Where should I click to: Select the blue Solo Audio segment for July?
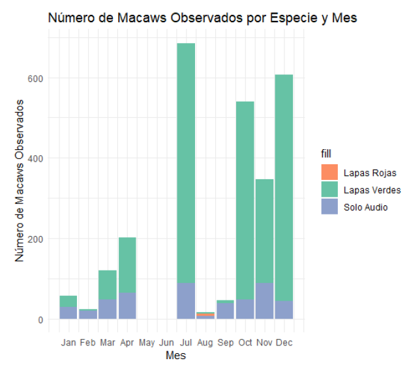coord(186,300)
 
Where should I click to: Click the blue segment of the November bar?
coord(264,300)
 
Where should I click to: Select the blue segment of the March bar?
coord(108,309)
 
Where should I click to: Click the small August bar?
coord(205,315)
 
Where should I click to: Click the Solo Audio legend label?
coord(365,207)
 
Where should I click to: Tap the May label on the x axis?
coord(147,342)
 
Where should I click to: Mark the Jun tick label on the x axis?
coord(166,342)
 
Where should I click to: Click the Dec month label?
coord(284,342)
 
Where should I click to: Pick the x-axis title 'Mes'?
coord(175,355)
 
